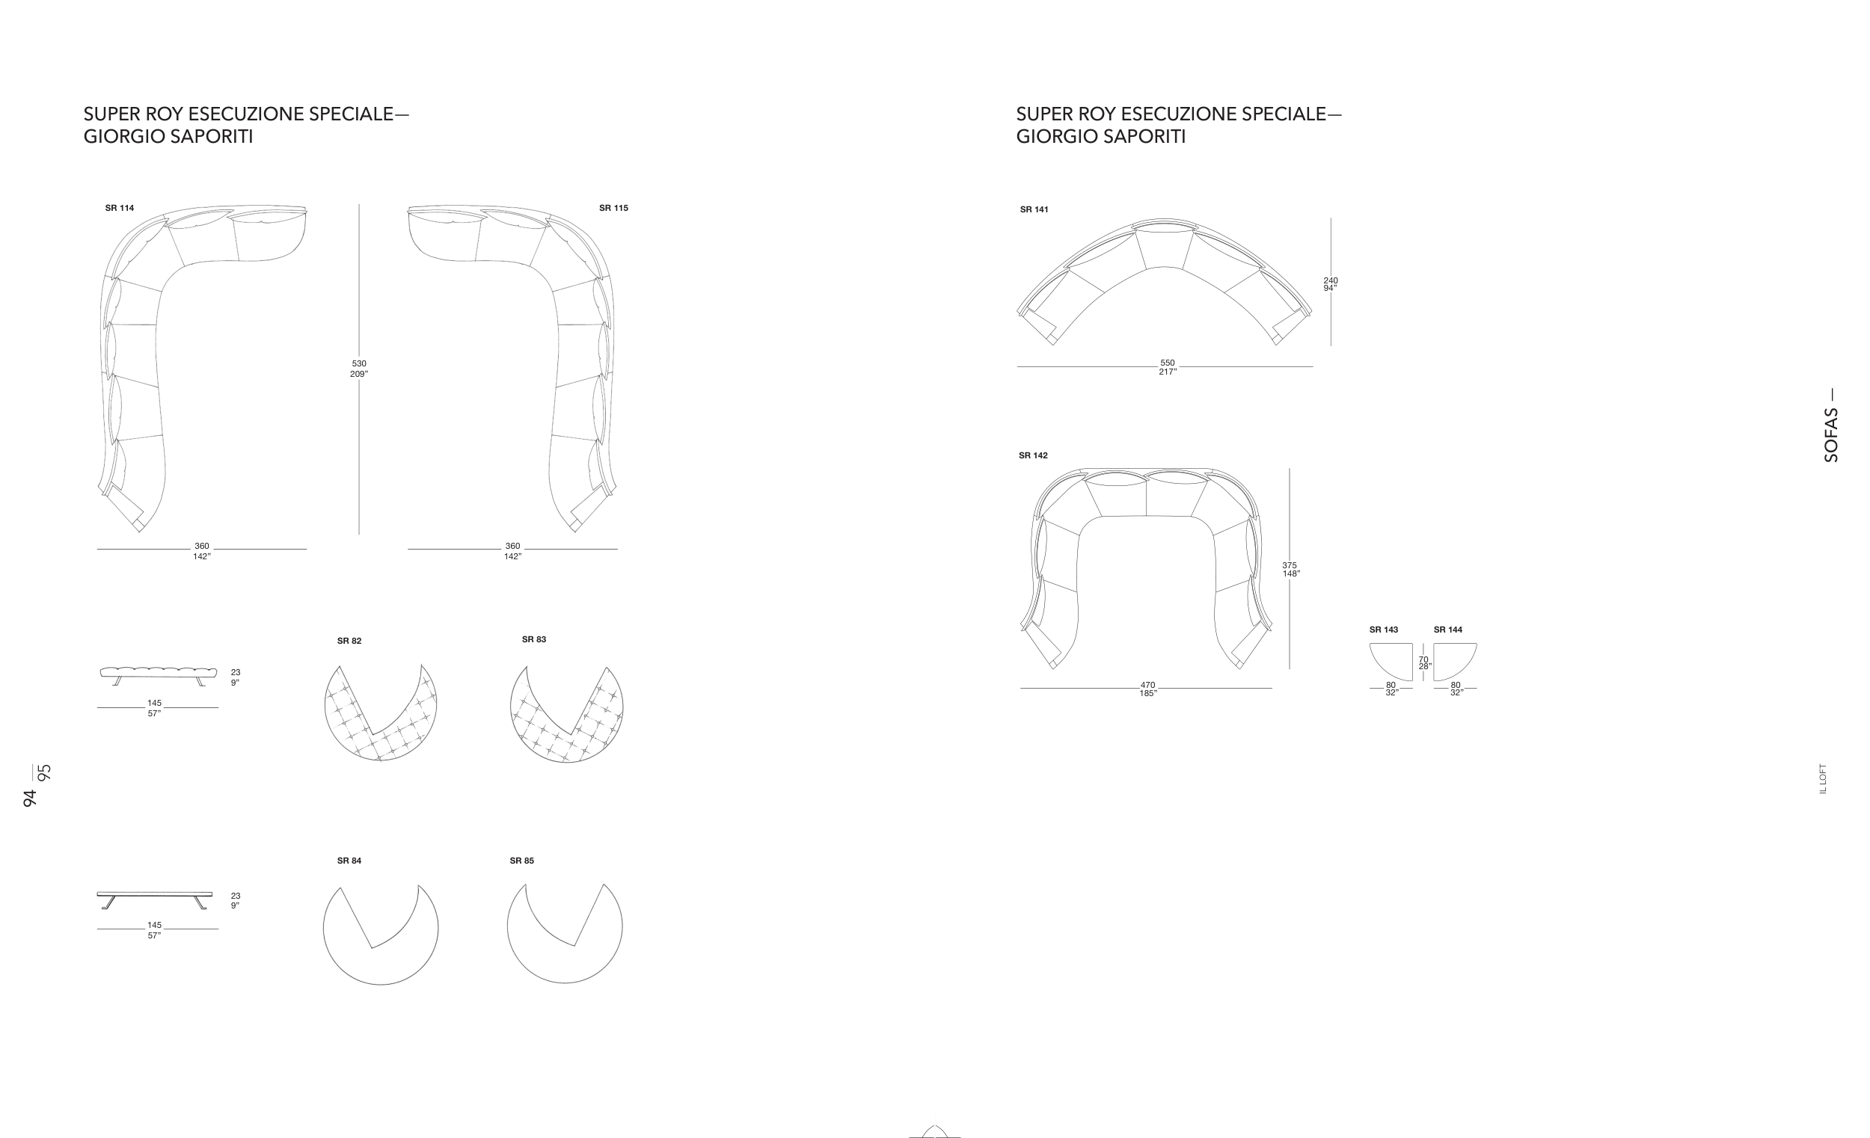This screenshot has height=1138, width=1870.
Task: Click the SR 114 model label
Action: [119, 208]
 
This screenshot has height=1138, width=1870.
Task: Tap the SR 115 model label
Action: [613, 208]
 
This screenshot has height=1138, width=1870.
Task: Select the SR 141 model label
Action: [1034, 209]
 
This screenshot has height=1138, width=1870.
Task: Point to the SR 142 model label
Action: [1033, 455]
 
